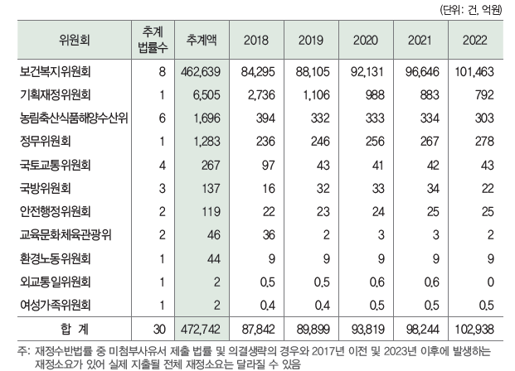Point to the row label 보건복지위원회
pyautogui.click(x=62, y=72)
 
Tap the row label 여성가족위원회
pyautogui.click(x=62, y=303)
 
